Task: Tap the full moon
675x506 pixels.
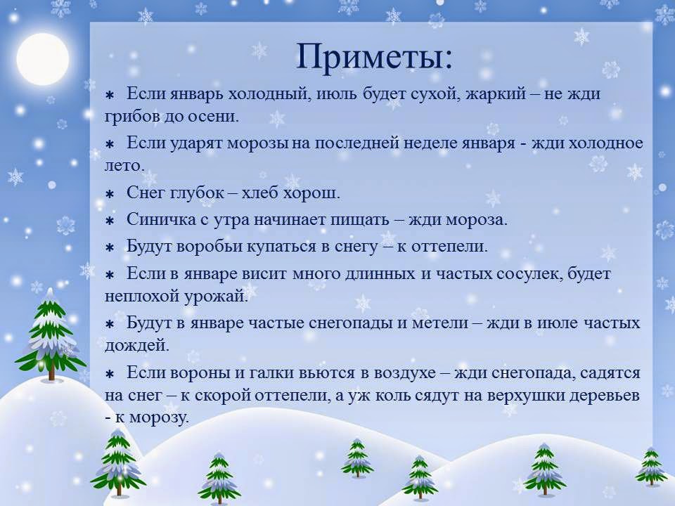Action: click(x=43, y=58)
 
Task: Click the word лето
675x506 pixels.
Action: click(x=124, y=166)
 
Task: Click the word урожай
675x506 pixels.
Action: click(x=216, y=297)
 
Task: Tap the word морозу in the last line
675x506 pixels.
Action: click(x=159, y=417)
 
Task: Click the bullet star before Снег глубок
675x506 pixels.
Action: click(x=110, y=194)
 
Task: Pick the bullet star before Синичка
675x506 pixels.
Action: click(x=110, y=221)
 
